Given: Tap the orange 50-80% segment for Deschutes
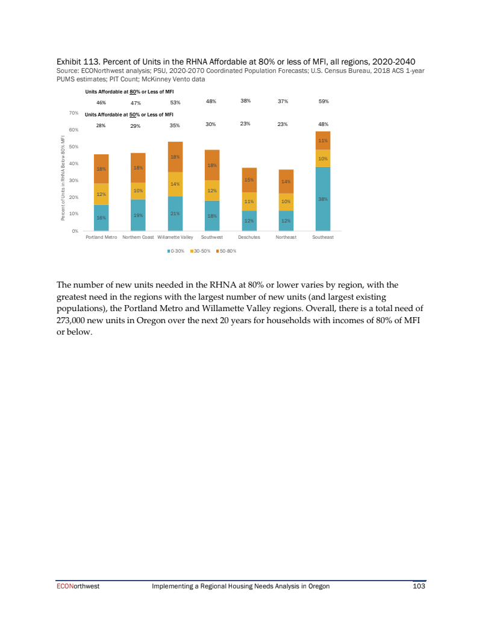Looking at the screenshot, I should point(249,180).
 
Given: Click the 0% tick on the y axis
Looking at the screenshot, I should point(75,231).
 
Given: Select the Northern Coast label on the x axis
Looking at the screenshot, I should point(138,238).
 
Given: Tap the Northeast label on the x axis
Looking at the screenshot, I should point(286,238).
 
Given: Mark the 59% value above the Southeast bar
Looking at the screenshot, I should point(323,101).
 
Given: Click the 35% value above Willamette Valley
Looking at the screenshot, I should point(175,125).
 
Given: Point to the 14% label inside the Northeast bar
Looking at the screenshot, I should point(286,181).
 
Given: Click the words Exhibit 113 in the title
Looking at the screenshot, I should point(77,61).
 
